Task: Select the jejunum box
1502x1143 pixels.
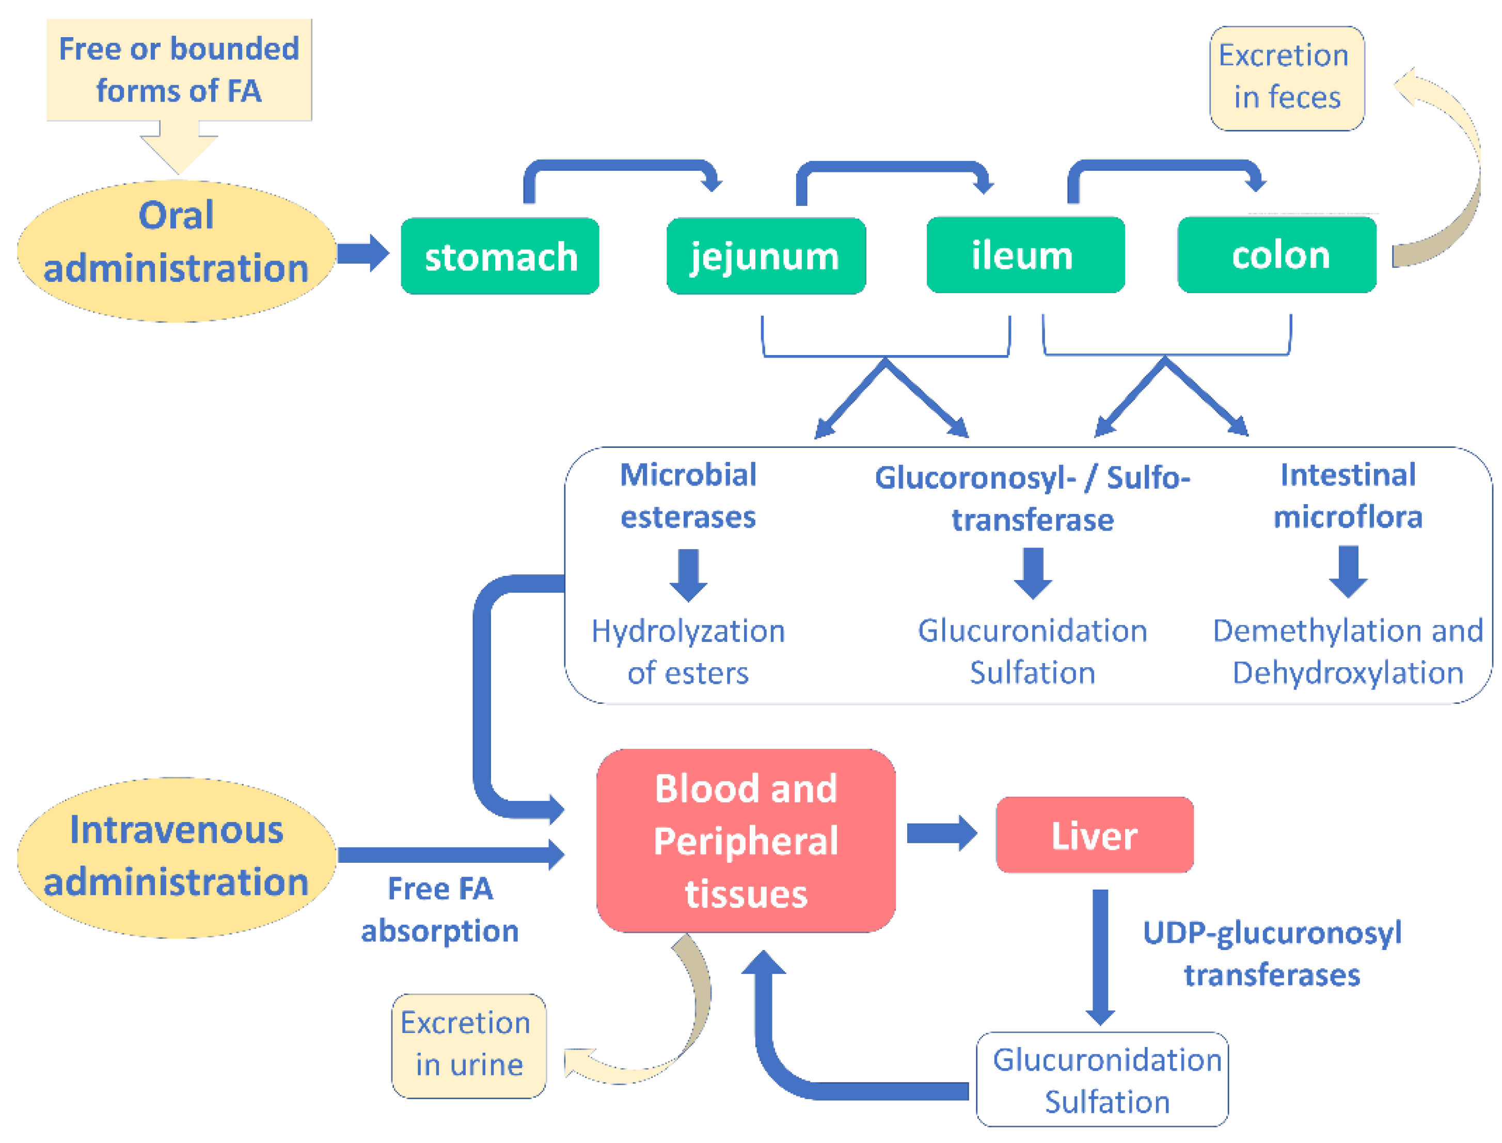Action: (x=766, y=256)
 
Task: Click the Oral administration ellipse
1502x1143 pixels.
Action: (x=176, y=242)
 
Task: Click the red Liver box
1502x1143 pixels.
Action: (x=1094, y=835)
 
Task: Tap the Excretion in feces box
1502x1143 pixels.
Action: (x=1286, y=77)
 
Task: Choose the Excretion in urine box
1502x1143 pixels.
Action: (x=468, y=1044)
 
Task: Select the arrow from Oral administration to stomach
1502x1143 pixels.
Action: (x=363, y=253)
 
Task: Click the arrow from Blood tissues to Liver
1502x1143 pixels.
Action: (x=941, y=833)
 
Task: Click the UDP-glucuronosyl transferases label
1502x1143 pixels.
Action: (x=1271, y=953)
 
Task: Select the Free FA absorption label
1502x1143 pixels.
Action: (x=439, y=910)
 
